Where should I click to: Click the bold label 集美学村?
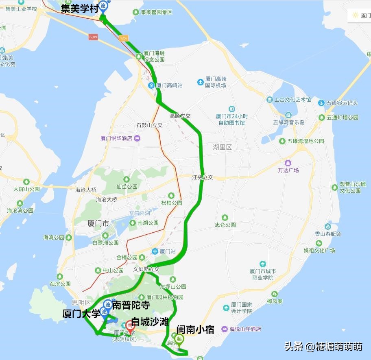[80, 9]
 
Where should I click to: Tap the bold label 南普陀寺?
[131, 305]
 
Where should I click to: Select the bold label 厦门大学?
[81, 314]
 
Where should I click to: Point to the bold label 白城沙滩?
[153, 322]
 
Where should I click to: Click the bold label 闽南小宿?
[195, 329]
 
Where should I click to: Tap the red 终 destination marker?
[130, 325]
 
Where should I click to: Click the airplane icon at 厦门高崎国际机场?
[200, 82]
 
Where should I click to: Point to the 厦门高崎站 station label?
[169, 85]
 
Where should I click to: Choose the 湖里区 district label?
[222, 147]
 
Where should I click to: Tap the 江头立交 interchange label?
[203, 177]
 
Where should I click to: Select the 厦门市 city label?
[98, 223]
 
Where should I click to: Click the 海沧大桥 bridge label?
[86, 190]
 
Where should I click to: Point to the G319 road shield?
[94, 37]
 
